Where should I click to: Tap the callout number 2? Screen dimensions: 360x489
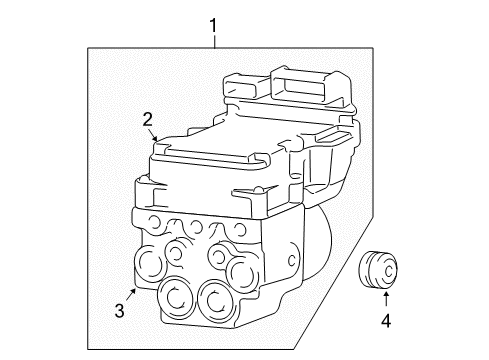point(147,120)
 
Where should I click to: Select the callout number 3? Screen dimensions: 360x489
point(119,310)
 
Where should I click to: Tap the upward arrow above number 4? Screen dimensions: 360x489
point(383,298)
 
